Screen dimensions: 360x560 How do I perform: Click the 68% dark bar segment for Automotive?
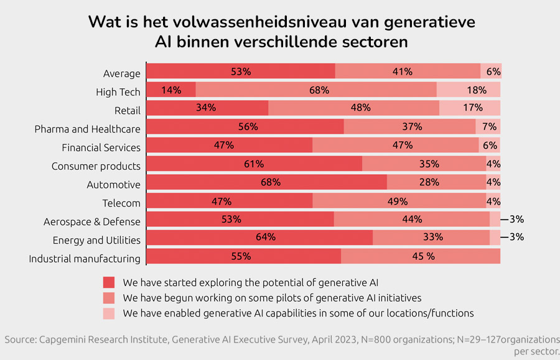(266, 183)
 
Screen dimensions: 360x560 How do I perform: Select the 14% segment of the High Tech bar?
(171, 90)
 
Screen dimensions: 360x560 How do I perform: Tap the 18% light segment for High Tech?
(469, 90)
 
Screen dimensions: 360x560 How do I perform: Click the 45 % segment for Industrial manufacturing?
(421, 256)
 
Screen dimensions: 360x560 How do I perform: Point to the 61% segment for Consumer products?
(254, 164)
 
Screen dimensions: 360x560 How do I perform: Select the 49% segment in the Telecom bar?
(399, 201)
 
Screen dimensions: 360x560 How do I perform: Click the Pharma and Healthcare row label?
(87, 129)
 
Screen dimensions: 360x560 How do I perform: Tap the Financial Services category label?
(101, 148)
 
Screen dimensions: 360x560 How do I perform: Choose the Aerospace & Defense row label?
(92, 222)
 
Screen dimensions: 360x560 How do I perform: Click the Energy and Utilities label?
(96, 241)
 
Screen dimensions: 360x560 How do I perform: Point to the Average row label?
(122, 74)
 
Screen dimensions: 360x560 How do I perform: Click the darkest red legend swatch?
(109, 282)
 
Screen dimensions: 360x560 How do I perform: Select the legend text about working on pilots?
(273, 298)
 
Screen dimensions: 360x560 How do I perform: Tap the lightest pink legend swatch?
(109, 313)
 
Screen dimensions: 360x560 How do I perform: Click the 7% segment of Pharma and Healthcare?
(488, 127)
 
